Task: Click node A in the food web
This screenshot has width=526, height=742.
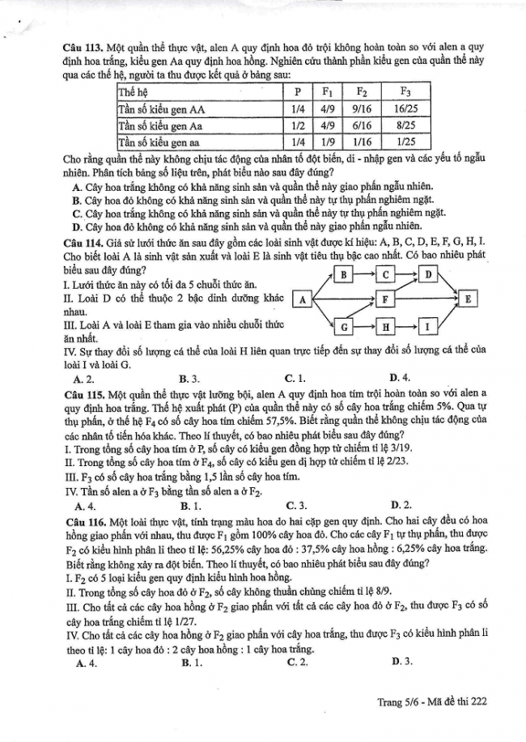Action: tap(301, 300)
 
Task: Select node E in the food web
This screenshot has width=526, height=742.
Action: tap(469, 299)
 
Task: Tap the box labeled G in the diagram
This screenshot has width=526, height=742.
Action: tap(344, 326)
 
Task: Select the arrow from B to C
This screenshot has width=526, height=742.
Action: tap(365, 274)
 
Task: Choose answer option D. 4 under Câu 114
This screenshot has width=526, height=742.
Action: tap(399, 378)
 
